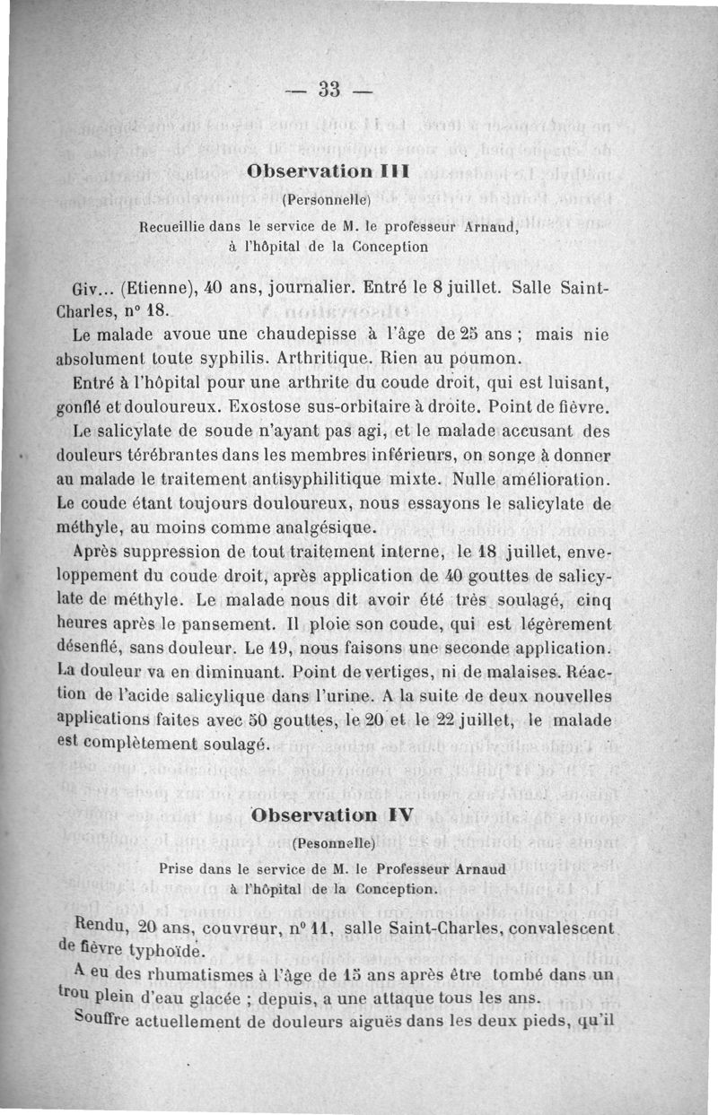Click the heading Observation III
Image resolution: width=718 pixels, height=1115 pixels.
coord(328,171)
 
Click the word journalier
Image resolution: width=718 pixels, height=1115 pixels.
coord(285,291)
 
